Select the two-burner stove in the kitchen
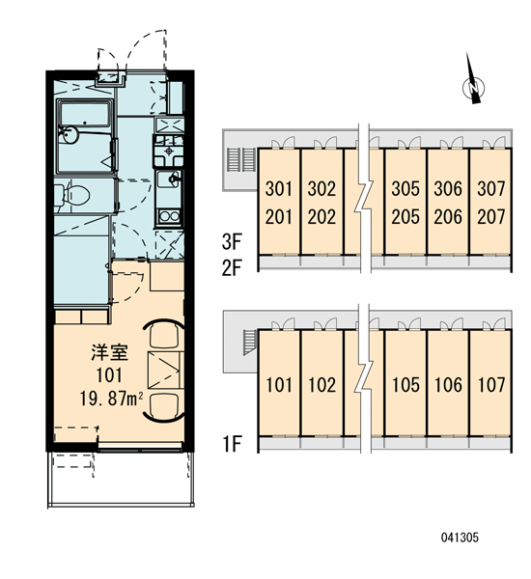pyautogui.click(x=169, y=215)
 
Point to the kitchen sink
pyautogui.click(x=170, y=179)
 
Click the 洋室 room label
pyautogui.click(x=110, y=352)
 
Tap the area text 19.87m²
pyautogui.click(x=112, y=399)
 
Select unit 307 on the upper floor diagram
pyautogui.click(x=490, y=188)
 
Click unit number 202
pyautogui.click(x=321, y=217)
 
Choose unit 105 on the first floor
pyautogui.click(x=405, y=385)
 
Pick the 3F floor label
pyautogui.click(x=232, y=242)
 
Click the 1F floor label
pyautogui.click(x=232, y=444)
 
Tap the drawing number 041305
pyautogui.click(x=460, y=538)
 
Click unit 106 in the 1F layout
pyautogui.click(x=448, y=385)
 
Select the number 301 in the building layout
pyautogui.click(x=279, y=188)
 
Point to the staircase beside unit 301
pyautogui.click(x=241, y=159)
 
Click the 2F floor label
pyautogui.click(x=232, y=268)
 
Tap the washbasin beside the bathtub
pyautogui.click(x=69, y=134)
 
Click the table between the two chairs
pyautogui.click(x=165, y=370)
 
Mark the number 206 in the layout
pyautogui.click(x=448, y=217)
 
